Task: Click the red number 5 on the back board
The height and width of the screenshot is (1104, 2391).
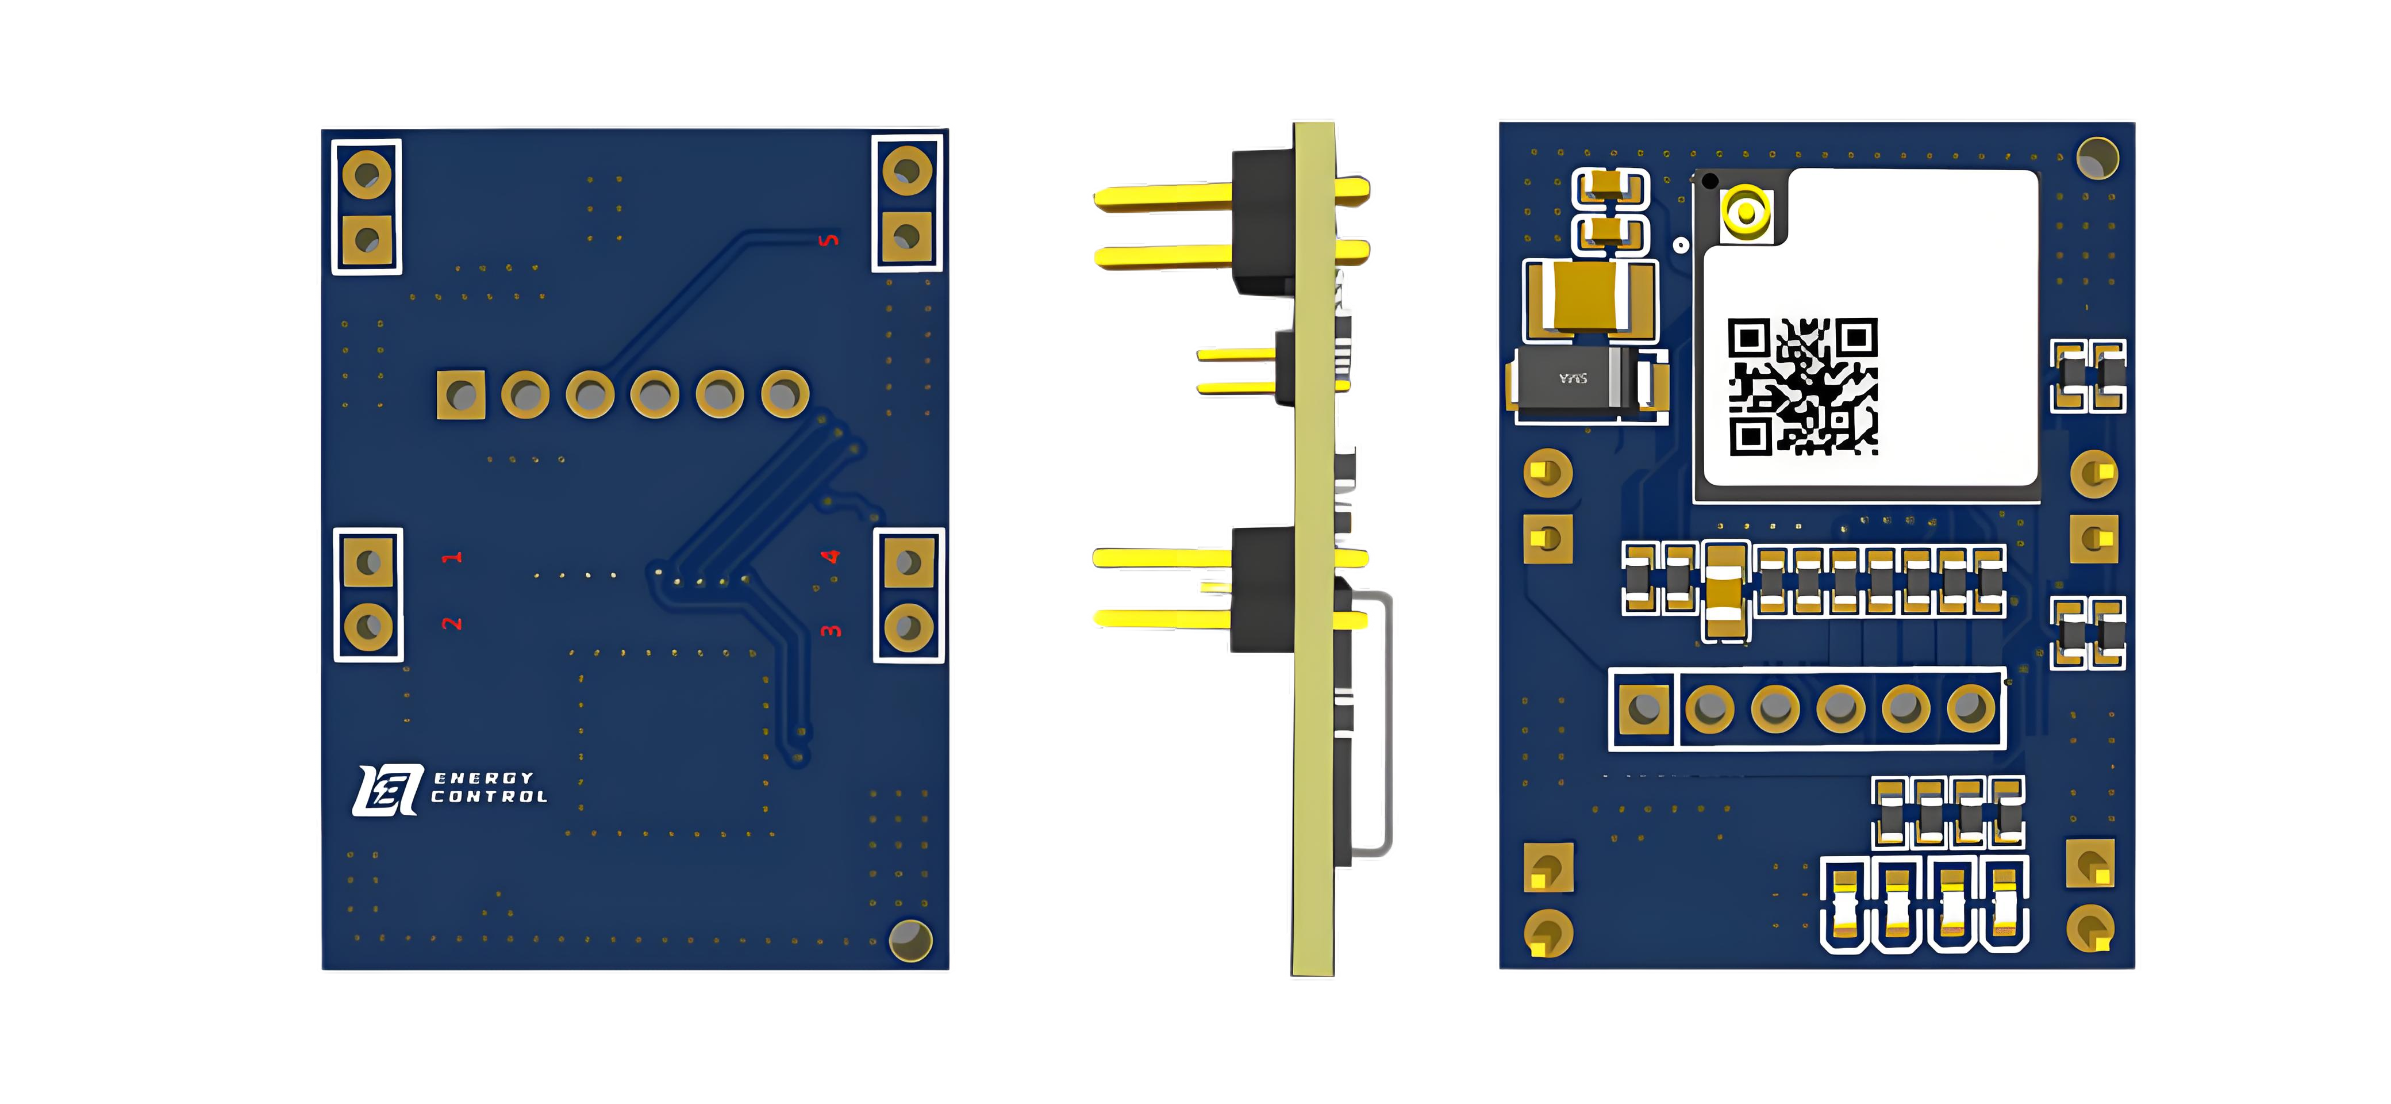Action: (829, 240)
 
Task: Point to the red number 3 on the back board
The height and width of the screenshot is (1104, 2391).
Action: (831, 630)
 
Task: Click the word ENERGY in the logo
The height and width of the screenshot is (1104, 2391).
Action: (483, 778)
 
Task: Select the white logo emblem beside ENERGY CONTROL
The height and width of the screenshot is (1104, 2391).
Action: (387, 790)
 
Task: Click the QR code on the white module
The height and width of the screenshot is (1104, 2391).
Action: (1802, 387)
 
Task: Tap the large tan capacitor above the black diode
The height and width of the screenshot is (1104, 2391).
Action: (1590, 297)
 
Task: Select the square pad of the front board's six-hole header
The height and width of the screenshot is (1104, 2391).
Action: (1644, 708)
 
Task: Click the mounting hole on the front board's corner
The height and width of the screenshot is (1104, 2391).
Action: (2097, 158)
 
